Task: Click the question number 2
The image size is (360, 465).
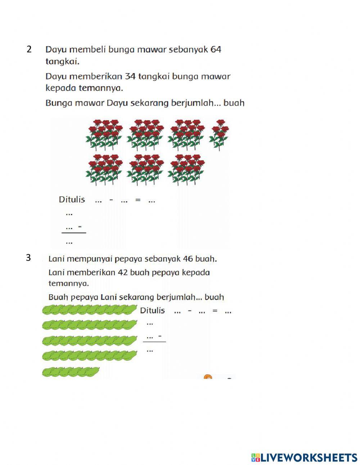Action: click(x=29, y=49)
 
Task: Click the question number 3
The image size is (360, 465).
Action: click(x=28, y=258)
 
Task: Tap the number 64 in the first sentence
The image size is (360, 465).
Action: click(x=216, y=49)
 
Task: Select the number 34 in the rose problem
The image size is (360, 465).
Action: click(x=130, y=76)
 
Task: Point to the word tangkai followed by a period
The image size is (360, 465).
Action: click(x=62, y=62)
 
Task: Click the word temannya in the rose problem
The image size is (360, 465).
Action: click(x=101, y=88)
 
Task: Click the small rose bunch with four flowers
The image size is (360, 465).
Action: click(x=219, y=135)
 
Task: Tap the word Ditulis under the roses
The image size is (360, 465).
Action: click(x=72, y=200)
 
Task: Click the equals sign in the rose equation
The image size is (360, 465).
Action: click(x=138, y=200)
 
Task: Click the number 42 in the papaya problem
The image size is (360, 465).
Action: click(x=123, y=272)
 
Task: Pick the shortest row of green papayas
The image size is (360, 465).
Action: click(x=71, y=372)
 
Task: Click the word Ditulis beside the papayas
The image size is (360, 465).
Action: click(x=152, y=310)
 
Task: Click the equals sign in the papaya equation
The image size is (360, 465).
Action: click(x=215, y=311)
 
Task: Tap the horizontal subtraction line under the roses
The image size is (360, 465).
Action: click(x=74, y=233)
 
